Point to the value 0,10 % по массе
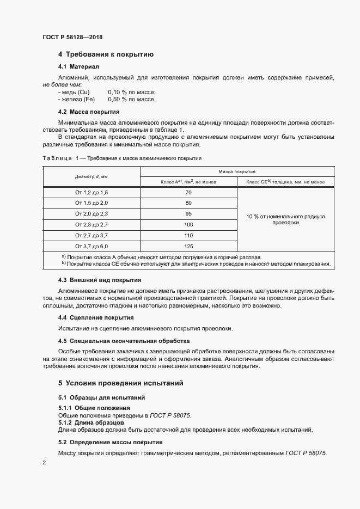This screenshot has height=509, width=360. pos(132,92)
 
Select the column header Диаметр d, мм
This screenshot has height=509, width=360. pos(91,176)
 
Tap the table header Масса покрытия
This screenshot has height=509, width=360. pos(237,171)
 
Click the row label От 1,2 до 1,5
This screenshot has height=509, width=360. pos(91,193)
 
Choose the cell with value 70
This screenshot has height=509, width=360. pos(188,193)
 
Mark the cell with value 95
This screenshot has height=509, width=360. pos(188,213)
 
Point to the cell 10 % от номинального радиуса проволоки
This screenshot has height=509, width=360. pos(285,219)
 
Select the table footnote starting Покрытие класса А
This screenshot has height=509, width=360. pos(163,256)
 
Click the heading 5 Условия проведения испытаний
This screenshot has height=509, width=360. pos(121,383)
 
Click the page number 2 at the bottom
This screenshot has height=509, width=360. pos(44,463)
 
